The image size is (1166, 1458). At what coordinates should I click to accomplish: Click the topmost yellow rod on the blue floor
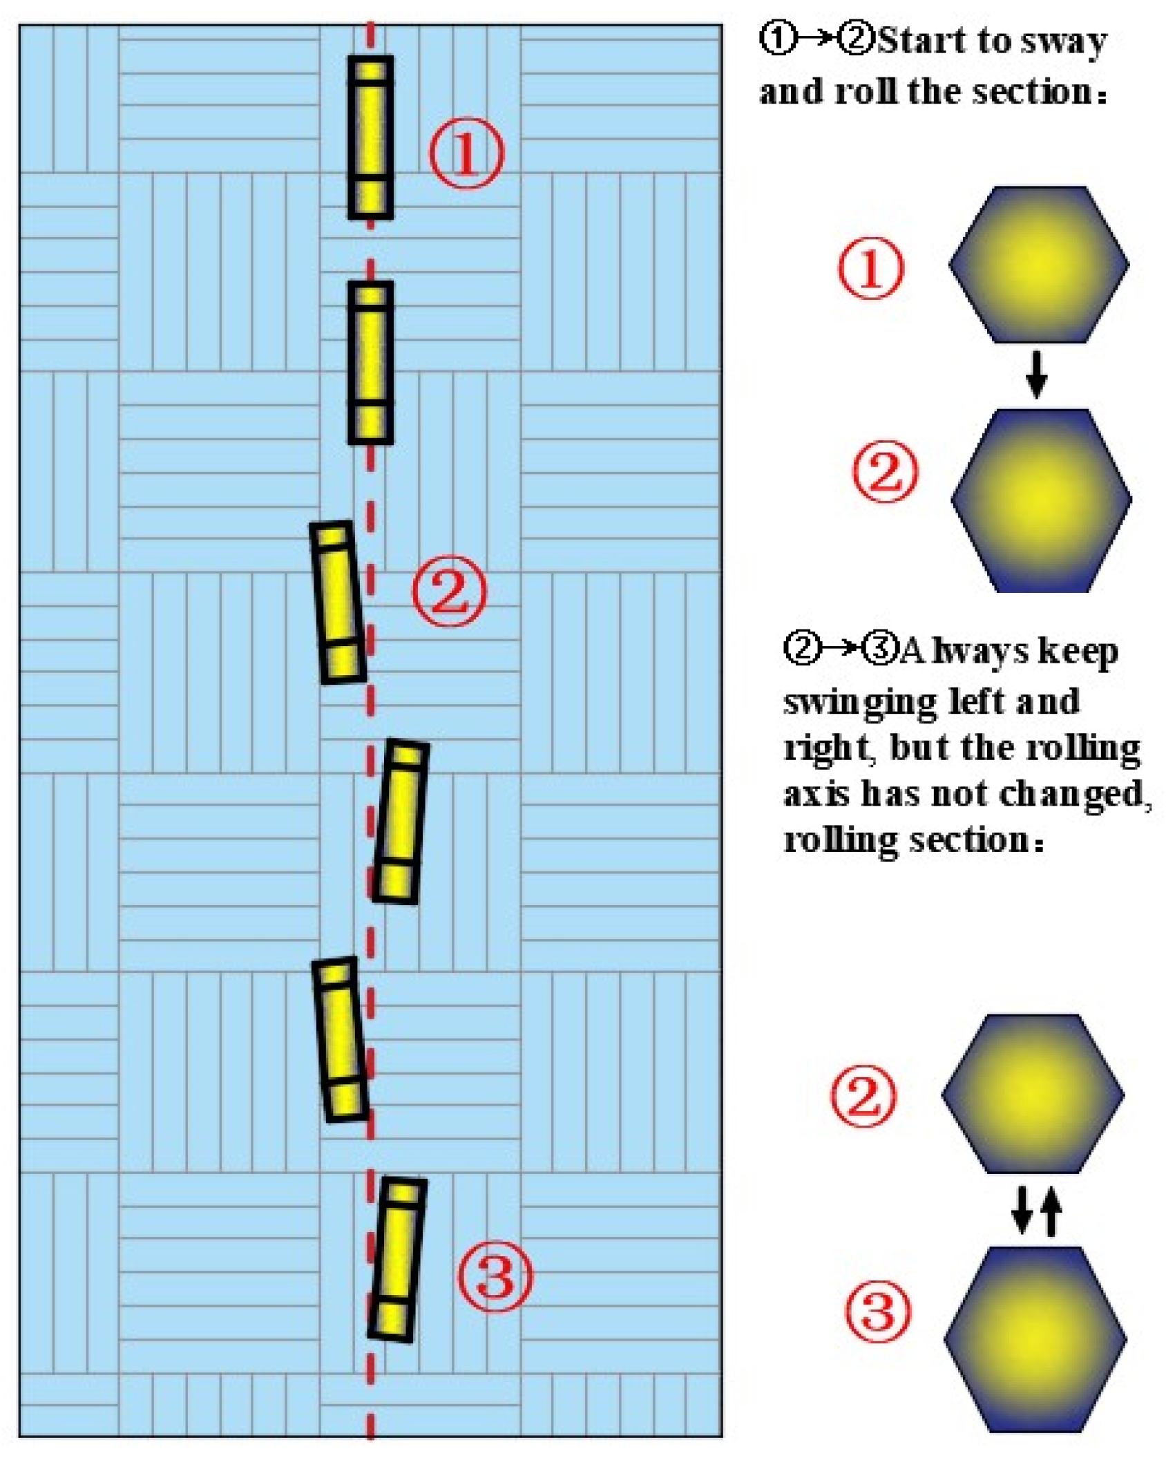pyautogui.click(x=371, y=138)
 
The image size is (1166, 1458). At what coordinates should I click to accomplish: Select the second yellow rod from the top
pyautogui.click(x=371, y=362)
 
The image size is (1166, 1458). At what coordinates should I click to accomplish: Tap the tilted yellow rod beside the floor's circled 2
pyautogui.click(x=337, y=603)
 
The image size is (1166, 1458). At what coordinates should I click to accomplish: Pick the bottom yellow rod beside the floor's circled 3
pyautogui.click(x=397, y=1260)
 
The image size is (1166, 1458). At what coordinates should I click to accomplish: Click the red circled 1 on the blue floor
pyautogui.click(x=466, y=153)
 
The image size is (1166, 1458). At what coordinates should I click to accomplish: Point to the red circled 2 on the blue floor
pyautogui.click(x=449, y=591)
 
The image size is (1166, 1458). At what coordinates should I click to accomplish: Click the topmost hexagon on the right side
pyautogui.click(x=1039, y=264)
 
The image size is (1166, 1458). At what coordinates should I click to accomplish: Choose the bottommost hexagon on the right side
pyautogui.click(x=1035, y=1338)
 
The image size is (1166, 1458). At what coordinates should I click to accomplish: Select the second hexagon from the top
pyautogui.click(x=1041, y=500)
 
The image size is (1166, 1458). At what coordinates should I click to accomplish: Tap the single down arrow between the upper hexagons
pyautogui.click(x=1035, y=375)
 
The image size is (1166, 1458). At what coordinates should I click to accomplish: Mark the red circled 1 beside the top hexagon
pyautogui.click(x=870, y=268)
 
